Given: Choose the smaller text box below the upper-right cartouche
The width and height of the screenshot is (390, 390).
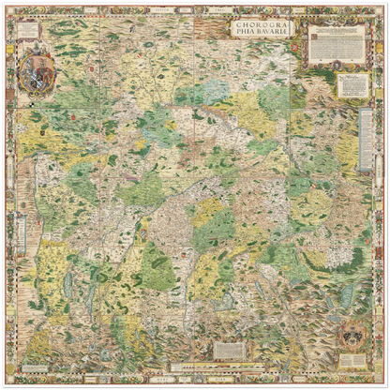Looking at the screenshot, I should (353, 86).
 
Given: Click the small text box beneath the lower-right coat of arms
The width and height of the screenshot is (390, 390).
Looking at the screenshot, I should (354, 359).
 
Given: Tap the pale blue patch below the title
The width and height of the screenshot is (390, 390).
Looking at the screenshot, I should (217, 89).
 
